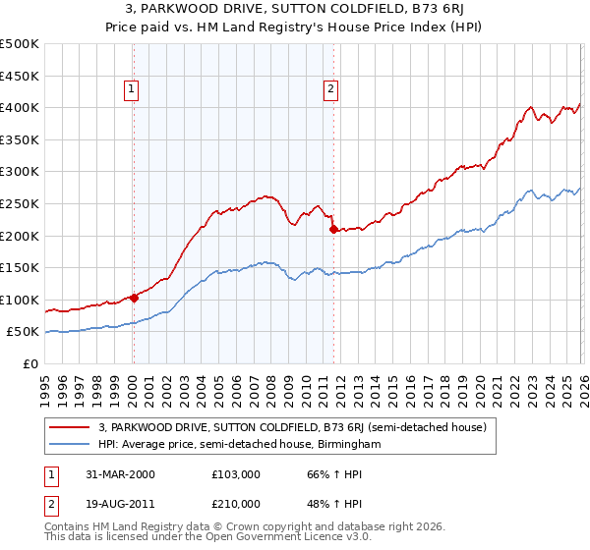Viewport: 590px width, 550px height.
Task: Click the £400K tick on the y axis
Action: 20,107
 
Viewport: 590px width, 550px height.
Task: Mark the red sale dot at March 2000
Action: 133,298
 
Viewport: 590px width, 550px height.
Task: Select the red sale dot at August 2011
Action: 333,230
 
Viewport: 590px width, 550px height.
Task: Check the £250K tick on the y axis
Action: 20,203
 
